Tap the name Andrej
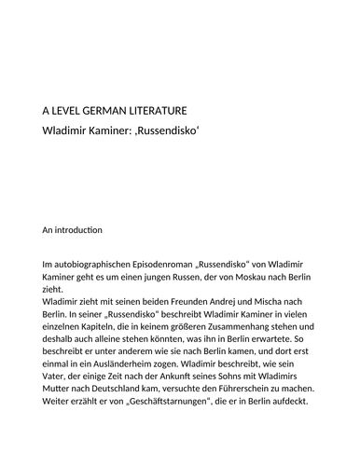215,303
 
